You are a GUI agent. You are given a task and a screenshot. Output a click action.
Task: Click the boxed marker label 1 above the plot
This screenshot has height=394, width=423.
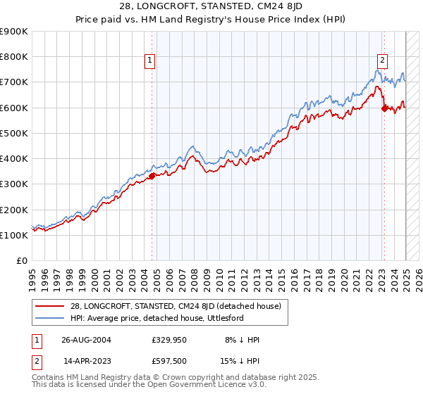[151, 61]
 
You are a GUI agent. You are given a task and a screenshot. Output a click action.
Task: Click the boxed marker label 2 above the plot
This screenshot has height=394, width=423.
[382, 61]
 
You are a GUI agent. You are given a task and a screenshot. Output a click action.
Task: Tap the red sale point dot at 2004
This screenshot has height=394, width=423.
[152, 177]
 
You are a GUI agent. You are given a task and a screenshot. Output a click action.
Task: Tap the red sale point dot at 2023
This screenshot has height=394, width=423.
[384, 108]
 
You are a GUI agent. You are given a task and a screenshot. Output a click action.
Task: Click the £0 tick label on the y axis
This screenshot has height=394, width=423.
[21, 260]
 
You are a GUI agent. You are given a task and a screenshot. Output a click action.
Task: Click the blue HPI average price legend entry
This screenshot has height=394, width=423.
[157, 318]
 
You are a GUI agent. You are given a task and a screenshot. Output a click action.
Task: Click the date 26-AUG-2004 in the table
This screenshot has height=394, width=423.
[86, 339]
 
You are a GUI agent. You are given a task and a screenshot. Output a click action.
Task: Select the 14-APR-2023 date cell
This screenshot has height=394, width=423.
[86, 363]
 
